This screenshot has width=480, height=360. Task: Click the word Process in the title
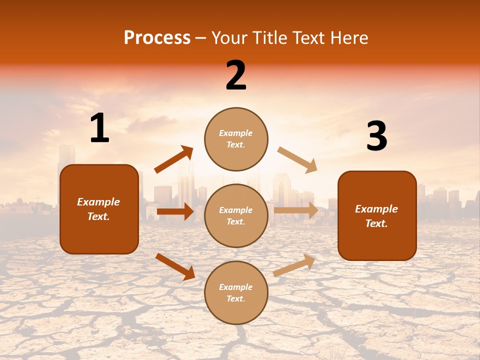[157, 38]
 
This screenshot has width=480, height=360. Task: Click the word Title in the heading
[267, 38]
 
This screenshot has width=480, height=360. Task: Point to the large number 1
[99, 128]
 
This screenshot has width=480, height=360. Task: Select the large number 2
[236, 75]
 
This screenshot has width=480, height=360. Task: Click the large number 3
[376, 136]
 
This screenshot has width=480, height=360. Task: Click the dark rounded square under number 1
[99, 209]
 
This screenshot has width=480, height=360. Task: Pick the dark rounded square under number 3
[377, 215]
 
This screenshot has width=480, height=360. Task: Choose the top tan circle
[236, 139]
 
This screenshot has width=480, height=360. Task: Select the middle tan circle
[236, 215]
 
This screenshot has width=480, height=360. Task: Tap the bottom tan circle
[236, 292]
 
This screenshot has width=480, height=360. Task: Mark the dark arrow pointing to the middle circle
[175, 211]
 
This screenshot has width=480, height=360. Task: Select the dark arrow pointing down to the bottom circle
[175, 266]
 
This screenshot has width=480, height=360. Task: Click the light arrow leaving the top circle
[297, 159]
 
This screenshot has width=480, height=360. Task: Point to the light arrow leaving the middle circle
[296, 210]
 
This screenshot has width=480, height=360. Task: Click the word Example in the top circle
[236, 133]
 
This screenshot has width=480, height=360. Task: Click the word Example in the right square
[376, 209]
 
